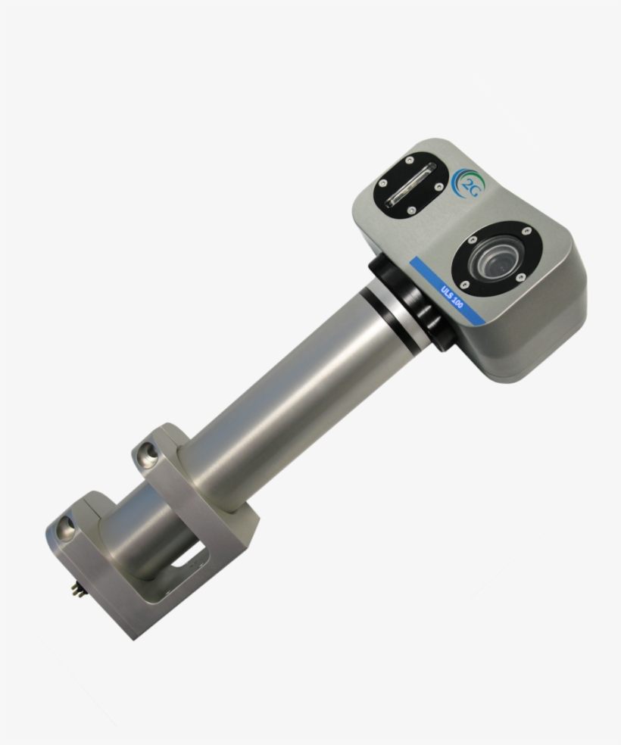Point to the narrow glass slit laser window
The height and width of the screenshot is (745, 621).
click(x=410, y=185)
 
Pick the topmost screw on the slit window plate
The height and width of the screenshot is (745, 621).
click(x=409, y=161)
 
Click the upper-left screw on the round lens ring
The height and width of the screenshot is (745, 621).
click(x=473, y=238)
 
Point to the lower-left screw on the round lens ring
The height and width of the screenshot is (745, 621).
click(x=464, y=285)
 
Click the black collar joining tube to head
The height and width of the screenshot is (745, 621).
click(x=409, y=299)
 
